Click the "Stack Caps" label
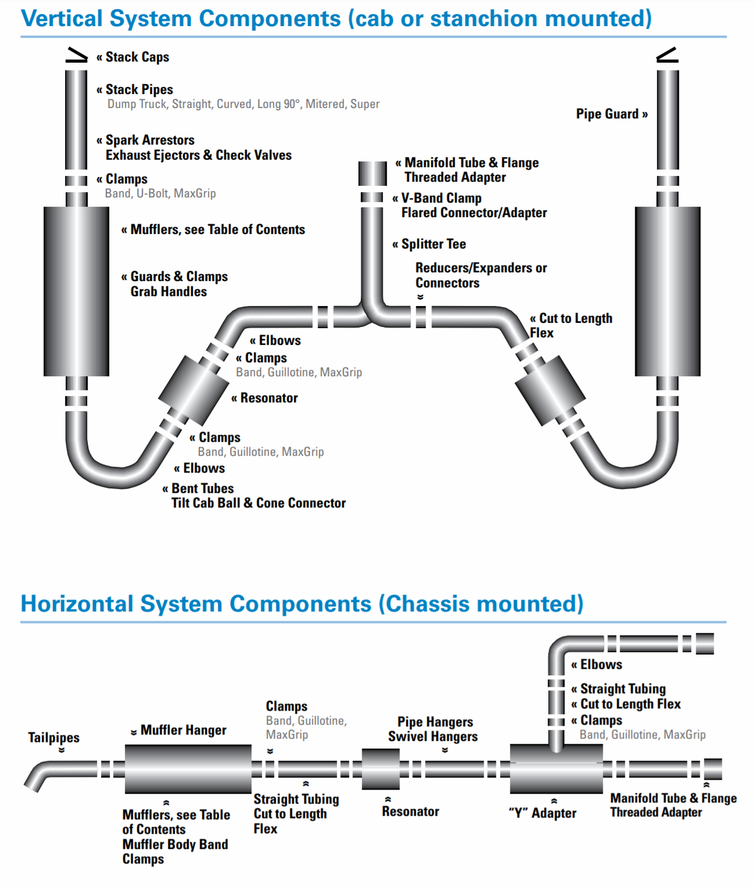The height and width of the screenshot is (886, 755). click(x=137, y=57)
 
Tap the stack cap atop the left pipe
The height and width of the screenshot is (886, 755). click(x=76, y=55)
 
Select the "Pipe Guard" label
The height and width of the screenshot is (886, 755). click(x=607, y=114)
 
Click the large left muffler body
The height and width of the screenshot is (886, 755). click(x=76, y=291)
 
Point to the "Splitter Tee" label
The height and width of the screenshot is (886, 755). click(x=433, y=244)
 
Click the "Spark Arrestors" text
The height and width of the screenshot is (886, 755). click(x=150, y=140)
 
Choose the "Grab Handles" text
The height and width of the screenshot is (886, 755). click(x=168, y=291)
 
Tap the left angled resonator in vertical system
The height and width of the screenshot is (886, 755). click(x=194, y=384)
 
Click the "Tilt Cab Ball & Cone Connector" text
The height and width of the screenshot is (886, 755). click(x=258, y=503)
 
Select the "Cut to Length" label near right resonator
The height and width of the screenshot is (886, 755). click(x=575, y=318)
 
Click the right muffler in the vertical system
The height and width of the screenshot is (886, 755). click(x=667, y=291)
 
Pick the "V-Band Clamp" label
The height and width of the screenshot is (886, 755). click(x=441, y=198)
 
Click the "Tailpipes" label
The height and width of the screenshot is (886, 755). click(x=54, y=737)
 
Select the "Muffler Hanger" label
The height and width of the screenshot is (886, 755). click(x=183, y=730)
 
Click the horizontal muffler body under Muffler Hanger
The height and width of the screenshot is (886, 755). click(x=188, y=769)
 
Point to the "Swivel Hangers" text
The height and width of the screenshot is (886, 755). click(x=433, y=736)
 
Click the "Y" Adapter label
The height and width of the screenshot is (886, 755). click(x=542, y=813)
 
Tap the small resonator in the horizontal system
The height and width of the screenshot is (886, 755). click(x=380, y=769)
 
